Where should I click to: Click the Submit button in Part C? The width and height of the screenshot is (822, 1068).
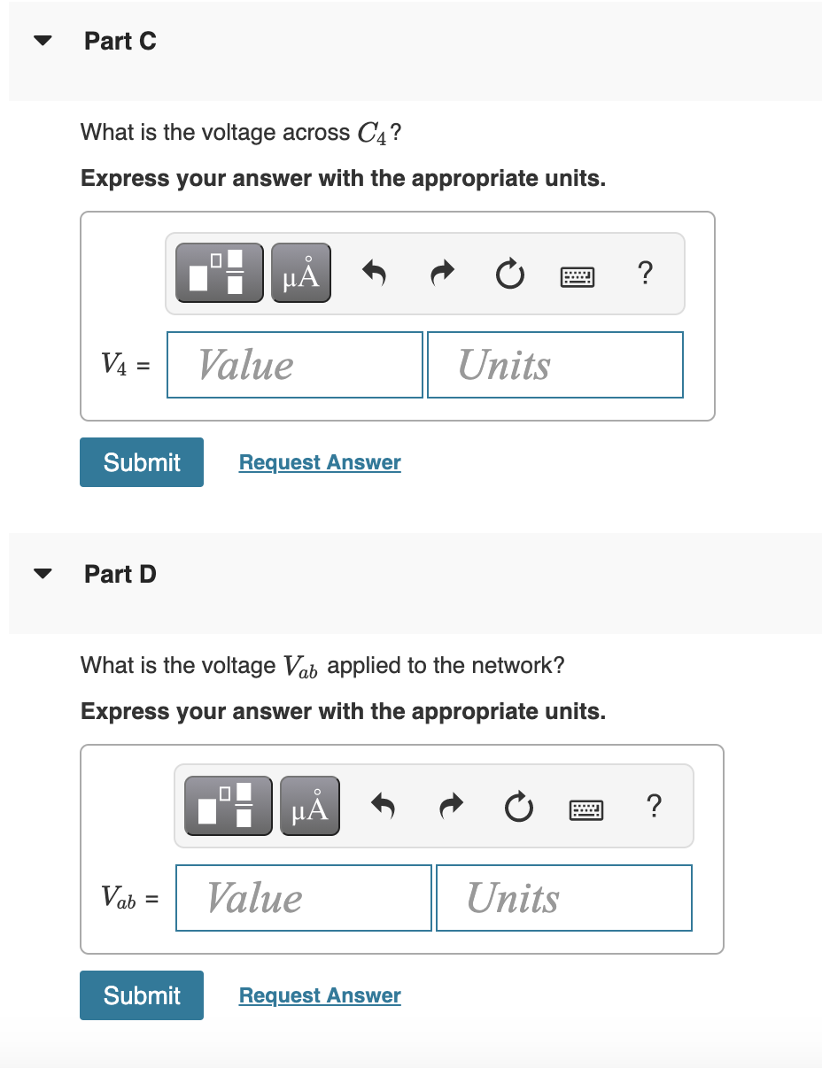[142, 462]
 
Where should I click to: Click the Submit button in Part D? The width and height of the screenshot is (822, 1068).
[142, 995]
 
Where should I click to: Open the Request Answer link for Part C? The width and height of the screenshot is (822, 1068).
[320, 462]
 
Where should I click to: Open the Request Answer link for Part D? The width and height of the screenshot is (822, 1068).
[320, 995]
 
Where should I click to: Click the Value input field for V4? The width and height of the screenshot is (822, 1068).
[295, 365]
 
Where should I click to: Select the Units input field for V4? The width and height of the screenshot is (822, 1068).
[555, 365]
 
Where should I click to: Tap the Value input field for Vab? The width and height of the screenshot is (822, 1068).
[304, 898]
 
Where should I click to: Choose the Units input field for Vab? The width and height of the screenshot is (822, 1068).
[564, 898]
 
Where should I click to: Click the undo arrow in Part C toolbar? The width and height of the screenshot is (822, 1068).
[375, 274]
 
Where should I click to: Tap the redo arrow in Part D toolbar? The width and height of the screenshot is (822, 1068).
[451, 807]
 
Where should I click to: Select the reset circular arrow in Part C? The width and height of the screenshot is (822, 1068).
[509, 274]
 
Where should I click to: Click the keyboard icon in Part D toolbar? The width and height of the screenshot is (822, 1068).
[587, 807]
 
